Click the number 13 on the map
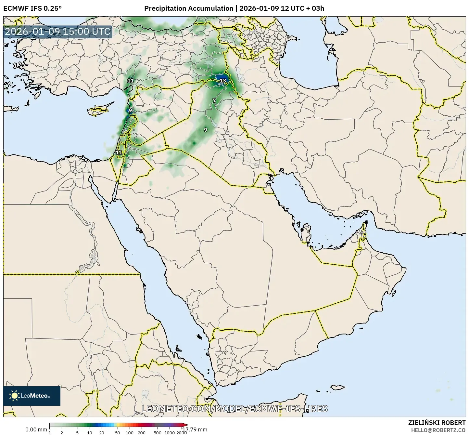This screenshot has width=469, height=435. pos(223,81)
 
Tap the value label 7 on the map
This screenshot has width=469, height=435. pos(214,100)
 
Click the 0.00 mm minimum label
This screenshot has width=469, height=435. pos(36,429)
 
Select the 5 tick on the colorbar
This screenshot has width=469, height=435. pos(77,432)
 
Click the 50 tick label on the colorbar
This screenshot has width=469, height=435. pos(118,432)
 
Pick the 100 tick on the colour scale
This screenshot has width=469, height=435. pos(130,432)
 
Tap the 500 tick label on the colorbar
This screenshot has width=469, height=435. pos(158,432)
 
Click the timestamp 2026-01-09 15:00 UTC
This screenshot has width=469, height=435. pos(57,32)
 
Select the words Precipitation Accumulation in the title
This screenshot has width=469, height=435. pos(189,8)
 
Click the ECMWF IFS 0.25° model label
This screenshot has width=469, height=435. pos(32,8)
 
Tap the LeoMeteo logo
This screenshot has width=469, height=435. pos(32,396)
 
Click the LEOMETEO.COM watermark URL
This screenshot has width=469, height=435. pos(234,409)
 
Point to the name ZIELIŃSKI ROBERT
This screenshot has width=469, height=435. pos(437,423)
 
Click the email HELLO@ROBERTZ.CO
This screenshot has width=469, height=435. pos(438,430)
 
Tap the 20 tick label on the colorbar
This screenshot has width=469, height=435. pos(102,432)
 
